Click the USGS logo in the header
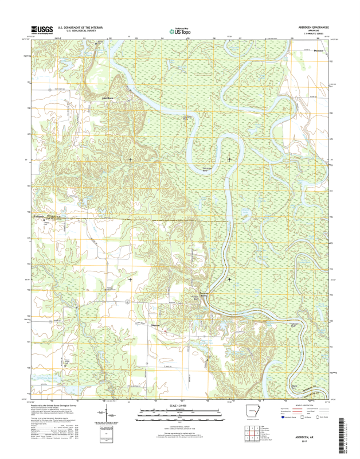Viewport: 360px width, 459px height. tap(42, 30)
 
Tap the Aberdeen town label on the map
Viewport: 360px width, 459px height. tap(107, 98)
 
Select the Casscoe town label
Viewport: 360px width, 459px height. tap(155, 325)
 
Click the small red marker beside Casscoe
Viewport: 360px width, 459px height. tap(166, 330)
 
